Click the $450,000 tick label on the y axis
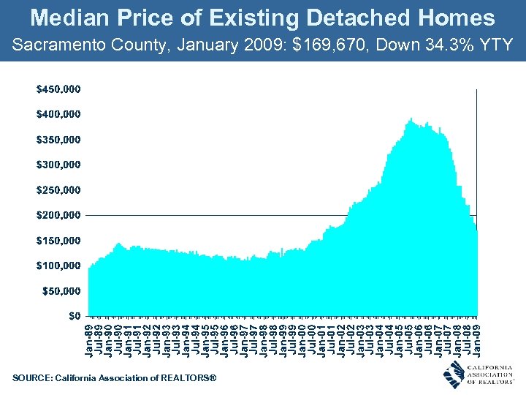tap(58, 89)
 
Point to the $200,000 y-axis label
tap(58, 215)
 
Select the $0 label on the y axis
tap(74, 316)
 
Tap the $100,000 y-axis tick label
tap(58, 266)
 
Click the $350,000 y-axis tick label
tap(58, 140)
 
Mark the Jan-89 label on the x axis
tap(89, 339)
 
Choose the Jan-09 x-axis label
tap(476, 339)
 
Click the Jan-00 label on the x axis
tap(302, 339)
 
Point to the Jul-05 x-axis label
tap(408, 339)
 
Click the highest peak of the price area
tap(411, 118)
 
